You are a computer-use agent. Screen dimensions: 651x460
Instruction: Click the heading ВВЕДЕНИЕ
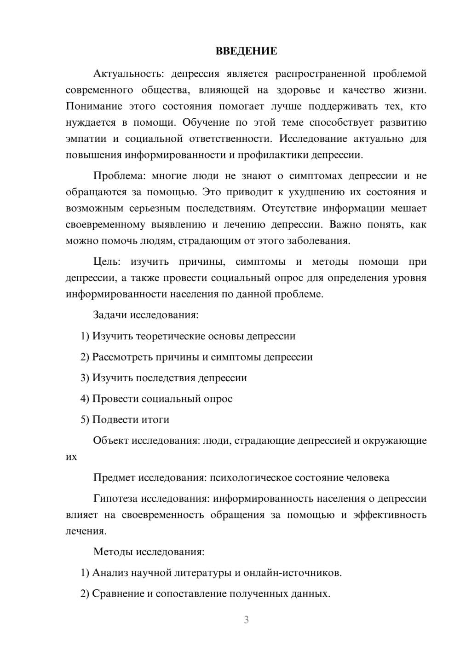pyautogui.click(x=246, y=51)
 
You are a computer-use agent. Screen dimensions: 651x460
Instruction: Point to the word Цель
pyautogui.click(x=107, y=262)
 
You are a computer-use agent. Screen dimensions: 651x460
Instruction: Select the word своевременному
pyautogui.click(x=105, y=225)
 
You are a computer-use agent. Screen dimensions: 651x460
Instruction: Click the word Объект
pyautogui.click(x=111, y=441)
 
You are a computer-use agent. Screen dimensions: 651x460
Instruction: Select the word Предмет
pyautogui.click(x=115, y=478)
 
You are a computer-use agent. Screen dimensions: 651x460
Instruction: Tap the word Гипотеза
pyautogui.click(x=115, y=499)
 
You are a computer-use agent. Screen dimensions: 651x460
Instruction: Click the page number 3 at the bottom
pyautogui.click(x=246, y=620)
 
